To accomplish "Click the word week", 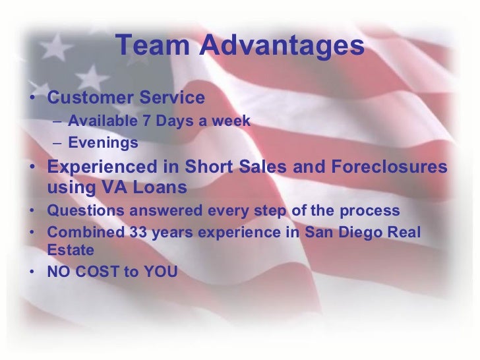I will (232, 121).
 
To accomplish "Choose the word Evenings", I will (103, 142).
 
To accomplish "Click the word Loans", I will (160, 188).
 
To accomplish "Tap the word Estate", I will (71, 251).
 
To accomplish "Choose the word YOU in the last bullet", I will (160, 271).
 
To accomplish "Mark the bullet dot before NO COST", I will (33, 271).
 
